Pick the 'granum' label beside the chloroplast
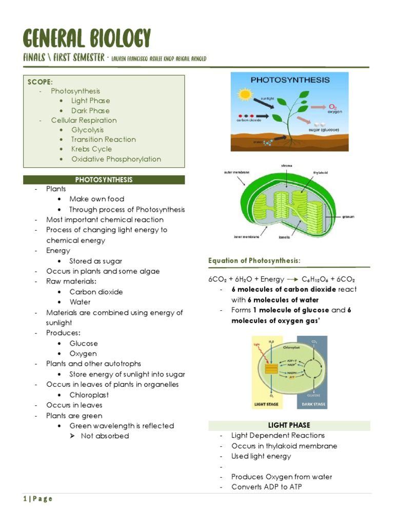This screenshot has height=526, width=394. click(349, 216)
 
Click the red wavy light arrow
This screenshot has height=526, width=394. click(260, 353)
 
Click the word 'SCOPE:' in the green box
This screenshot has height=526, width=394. click(40, 82)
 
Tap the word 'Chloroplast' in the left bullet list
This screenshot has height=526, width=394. click(89, 395)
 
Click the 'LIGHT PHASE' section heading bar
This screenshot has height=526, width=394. click(289, 425)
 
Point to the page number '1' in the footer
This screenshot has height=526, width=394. click(24, 499)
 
